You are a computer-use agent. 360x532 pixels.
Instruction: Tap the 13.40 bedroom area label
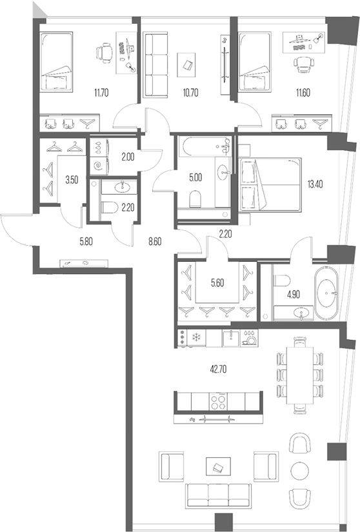(315, 185)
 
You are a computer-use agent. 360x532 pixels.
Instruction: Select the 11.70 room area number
(101, 92)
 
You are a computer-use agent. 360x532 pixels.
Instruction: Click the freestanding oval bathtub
(327, 293)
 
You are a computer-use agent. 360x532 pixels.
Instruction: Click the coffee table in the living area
(217, 466)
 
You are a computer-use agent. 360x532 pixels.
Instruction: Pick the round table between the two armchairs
(300, 469)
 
